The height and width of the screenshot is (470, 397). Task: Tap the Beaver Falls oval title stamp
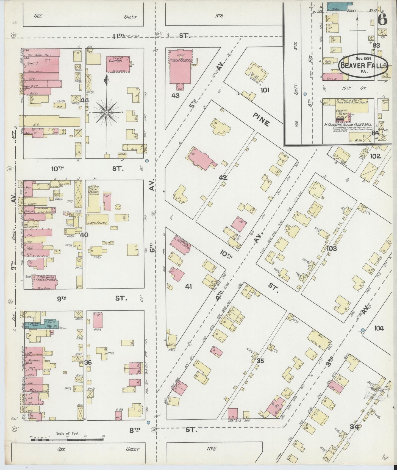(x=363, y=64)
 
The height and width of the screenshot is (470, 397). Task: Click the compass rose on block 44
(x=107, y=112)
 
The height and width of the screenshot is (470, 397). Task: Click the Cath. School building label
(x=97, y=223)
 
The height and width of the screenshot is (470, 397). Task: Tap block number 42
(x=223, y=178)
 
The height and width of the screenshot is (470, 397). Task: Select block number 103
(x=332, y=248)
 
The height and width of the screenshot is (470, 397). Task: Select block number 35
(x=260, y=361)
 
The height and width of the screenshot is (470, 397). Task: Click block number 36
(x=88, y=362)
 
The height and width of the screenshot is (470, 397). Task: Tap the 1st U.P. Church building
(x=118, y=64)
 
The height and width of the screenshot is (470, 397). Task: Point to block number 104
(x=379, y=328)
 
